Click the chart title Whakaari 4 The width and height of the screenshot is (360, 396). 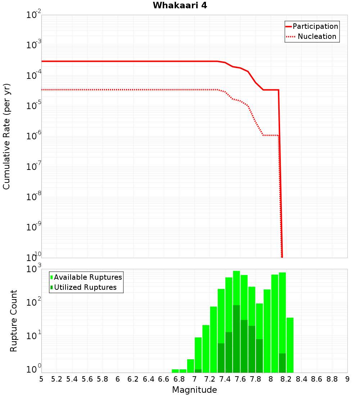point(180,6)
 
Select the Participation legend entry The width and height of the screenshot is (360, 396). point(315,27)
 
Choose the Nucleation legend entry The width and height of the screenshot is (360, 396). point(316,37)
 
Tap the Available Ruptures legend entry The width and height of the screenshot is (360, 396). point(88,277)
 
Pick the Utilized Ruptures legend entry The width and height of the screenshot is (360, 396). point(85,287)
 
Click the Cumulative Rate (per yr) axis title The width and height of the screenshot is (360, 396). point(6,136)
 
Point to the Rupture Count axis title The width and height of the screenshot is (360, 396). point(14,321)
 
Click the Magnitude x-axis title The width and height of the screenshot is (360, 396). point(194,390)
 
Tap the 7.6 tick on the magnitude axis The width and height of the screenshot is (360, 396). point(240,379)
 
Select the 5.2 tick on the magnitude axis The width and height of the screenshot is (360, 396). point(57,379)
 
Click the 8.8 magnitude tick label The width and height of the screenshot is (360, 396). point(332,379)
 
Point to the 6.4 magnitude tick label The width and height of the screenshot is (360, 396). point(148,379)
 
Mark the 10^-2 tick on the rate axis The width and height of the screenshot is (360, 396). point(34,15)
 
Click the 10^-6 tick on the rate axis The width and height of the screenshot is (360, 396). point(34,136)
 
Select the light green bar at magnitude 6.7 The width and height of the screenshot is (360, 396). point(175,371)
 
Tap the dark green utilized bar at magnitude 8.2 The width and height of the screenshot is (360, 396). point(282,363)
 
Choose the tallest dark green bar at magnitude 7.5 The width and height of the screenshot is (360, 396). point(237,338)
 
